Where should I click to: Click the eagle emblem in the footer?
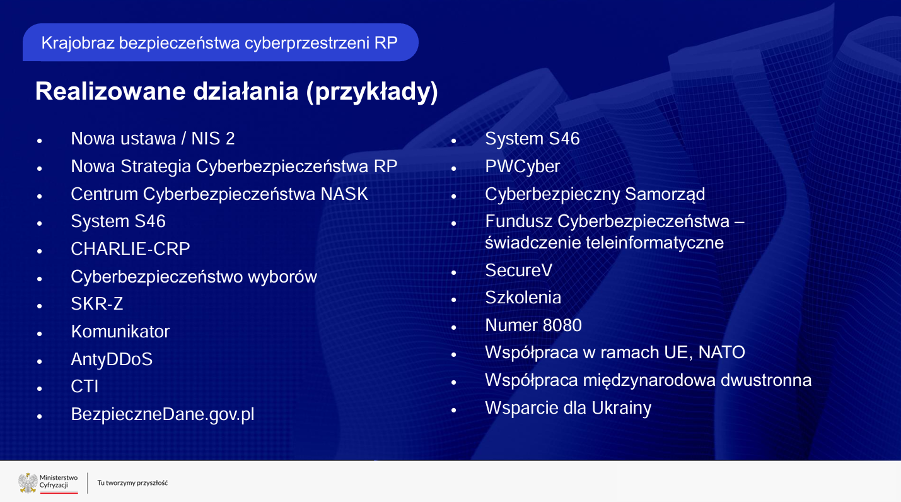pyautogui.click(x=28, y=482)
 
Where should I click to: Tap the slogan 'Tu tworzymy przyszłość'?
pyautogui.click(x=132, y=483)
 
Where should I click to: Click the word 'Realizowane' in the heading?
pyautogui.click(x=110, y=91)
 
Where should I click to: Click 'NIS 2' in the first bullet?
pyautogui.click(x=212, y=139)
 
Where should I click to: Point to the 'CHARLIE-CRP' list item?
pyautogui.click(x=131, y=249)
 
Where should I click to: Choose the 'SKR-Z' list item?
pyautogui.click(x=97, y=304)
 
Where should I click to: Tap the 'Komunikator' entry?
pyautogui.click(x=120, y=332)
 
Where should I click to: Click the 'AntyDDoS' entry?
pyautogui.click(x=112, y=359)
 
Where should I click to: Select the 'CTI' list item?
pyautogui.click(x=84, y=387)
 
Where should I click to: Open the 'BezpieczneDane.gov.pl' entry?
pyautogui.click(x=163, y=414)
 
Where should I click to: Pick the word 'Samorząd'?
pyautogui.click(x=665, y=194)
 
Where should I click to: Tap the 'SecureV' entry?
pyautogui.click(x=519, y=271)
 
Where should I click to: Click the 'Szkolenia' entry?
pyautogui.click(x=523, y=298)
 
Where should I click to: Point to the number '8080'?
pyautogui.click(x=562, y=325)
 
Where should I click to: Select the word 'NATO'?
pyautogui.click(x=721, y=353)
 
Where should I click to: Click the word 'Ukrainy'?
pyautogui.click(x=622, y=409)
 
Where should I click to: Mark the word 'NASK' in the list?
pyautogui.click(x=344, y=194)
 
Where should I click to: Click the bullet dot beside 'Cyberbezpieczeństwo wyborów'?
pyautogui.click(x=40, y=278)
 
